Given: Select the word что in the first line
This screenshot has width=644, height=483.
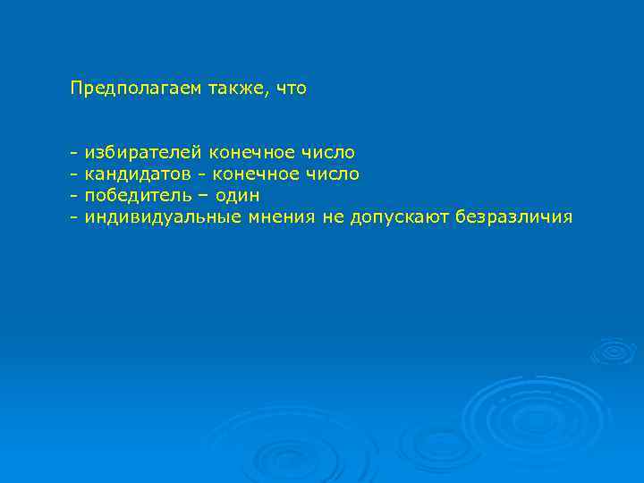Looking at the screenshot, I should coord(292,89).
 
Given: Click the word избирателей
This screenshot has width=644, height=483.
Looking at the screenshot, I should coord(143,153).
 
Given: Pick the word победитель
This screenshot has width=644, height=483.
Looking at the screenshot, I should coord(135,195).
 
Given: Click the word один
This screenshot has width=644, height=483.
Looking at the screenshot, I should coord(237,195).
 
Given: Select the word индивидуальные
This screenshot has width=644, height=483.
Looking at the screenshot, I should coord(162,216).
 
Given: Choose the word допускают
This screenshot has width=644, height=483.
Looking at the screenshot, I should coord(398,217).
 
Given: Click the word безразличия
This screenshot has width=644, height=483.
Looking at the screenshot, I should coord(513,217).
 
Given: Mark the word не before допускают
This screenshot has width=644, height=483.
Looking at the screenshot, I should coord(331,216).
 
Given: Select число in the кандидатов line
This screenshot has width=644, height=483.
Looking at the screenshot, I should coord(333,174).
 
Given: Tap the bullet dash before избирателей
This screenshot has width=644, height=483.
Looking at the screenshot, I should coord(74,154).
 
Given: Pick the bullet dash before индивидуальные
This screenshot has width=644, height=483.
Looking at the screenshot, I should coord(74,217).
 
